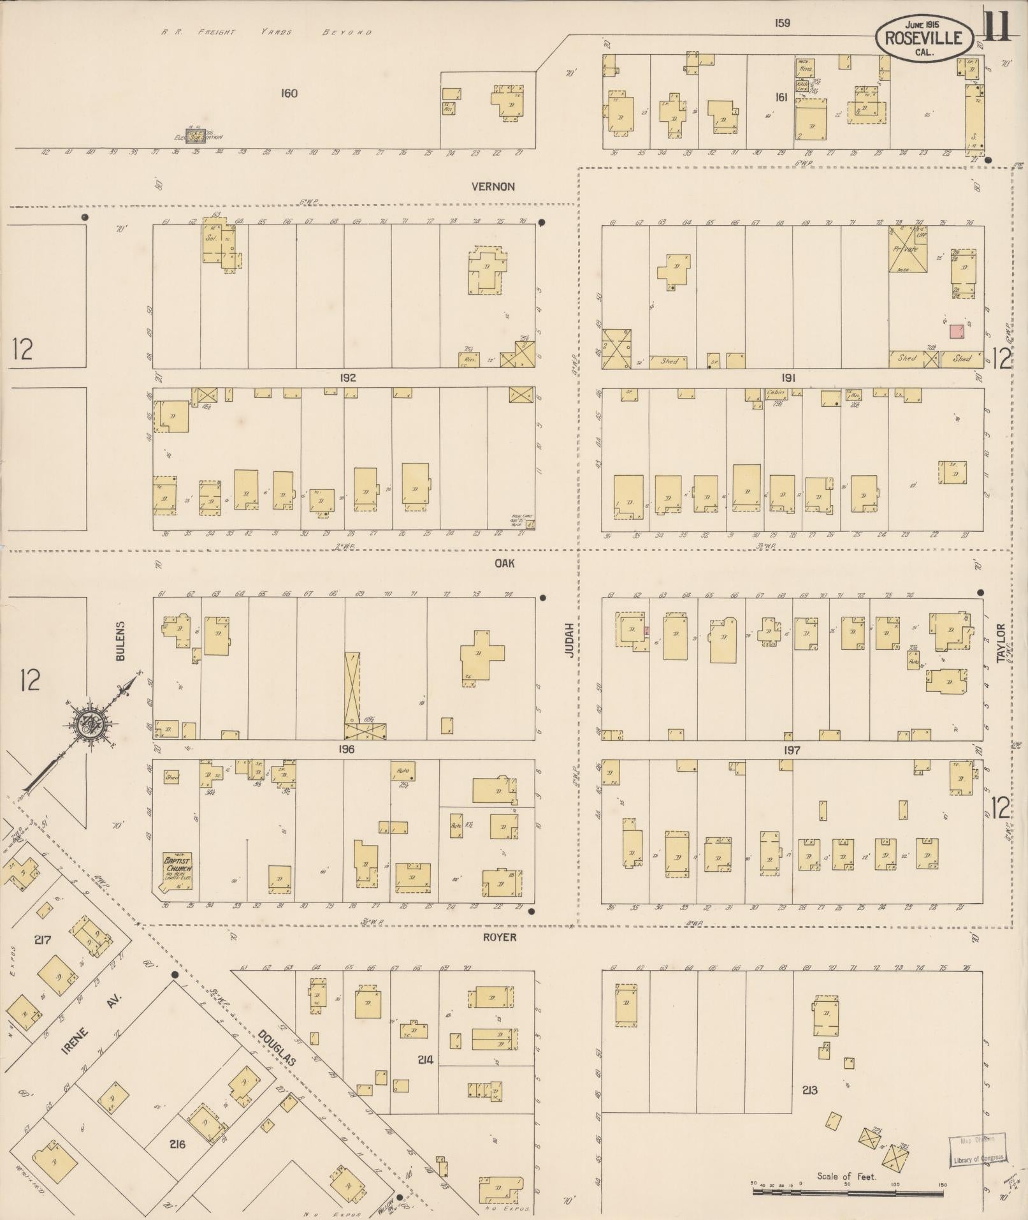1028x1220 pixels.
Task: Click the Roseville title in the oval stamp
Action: pyautogui.click(x=923, y=38)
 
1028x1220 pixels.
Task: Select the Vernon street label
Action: pyautogui.click(x=493, y=187)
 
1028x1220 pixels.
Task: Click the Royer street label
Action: pyautogui.click(x=499, y=937)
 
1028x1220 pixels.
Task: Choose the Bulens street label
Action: pyautogui.click(x=121, y=640)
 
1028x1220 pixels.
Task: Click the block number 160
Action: pyautogui.click(x=289, y=94)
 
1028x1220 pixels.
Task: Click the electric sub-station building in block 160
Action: pyautogui.click(x=196, y=135)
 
